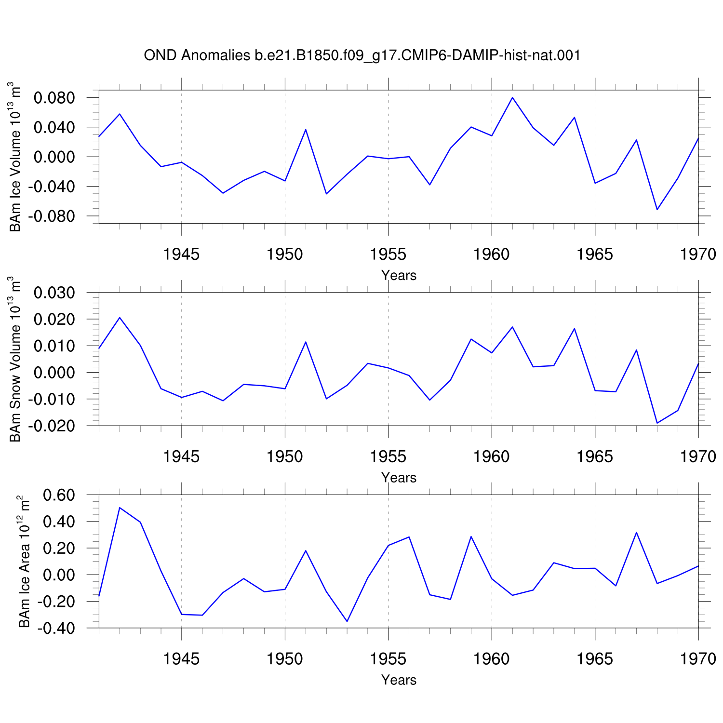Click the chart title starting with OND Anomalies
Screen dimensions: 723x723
click(x=362, y=56)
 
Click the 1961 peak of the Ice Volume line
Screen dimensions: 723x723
click(x=512, y=97)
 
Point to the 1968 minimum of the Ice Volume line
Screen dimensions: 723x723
click(x=657, y=210)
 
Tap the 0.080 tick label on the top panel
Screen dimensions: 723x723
click(x=54, y=98)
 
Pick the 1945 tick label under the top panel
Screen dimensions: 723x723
click(x=181, y=254)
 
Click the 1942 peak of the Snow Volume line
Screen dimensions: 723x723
click(x=120, y=318)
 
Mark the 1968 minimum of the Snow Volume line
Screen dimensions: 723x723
click(x=657, y=423)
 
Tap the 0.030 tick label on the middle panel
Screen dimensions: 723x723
click(x=54, y=293)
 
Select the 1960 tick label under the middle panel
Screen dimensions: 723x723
click(x=492, y=456)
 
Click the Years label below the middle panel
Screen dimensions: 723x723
click(x=399, y=477)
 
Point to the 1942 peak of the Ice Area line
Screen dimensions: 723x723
click(x=120, y=508)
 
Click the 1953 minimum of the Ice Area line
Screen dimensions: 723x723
click(x=347, y=621)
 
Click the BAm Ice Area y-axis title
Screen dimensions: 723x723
click(x=24, y=561)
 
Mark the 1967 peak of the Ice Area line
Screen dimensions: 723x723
click(x=636, y=533)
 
